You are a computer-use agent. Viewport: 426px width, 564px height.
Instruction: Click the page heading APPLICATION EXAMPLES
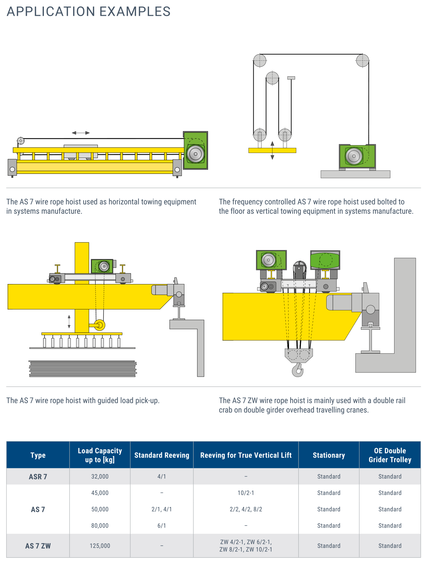(x=88, y=12)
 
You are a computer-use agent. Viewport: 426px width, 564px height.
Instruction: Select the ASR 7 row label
(x=38, y=477)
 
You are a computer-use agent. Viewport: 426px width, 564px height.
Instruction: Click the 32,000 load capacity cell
(x=100, y=477)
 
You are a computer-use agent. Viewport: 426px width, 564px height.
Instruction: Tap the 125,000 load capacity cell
(x=100, y=545)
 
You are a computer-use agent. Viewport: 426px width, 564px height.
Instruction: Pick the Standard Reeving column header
(x=161, y=455)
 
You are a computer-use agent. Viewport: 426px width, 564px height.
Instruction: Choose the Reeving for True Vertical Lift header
(x=246, y=455)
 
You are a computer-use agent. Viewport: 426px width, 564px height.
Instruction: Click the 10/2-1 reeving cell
(x=246, y=493)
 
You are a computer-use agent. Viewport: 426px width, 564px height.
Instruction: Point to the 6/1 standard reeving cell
(x=161, y=526)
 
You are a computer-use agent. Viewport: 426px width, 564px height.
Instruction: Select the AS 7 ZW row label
(x=38, y=546)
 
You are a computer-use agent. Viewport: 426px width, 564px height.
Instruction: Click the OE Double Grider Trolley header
(x=390, y=455)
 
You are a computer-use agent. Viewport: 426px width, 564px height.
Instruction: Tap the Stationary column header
(x=329, y=455)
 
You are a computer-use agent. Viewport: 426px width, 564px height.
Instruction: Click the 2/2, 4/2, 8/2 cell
(x=246, y=509)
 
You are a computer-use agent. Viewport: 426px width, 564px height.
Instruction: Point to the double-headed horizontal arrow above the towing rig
(x=81, y=133)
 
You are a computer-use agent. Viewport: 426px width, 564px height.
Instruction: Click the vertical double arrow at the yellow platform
(x=272, y=150)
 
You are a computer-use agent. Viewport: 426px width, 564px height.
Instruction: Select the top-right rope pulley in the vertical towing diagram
(x=362, y=61)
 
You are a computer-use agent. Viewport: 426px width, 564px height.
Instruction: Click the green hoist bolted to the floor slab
(x=357, y=156)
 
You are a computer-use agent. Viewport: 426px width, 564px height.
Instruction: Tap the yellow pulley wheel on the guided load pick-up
(x=99, y=325)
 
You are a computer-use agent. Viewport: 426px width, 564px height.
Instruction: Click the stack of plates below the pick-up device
(x=82, y=368)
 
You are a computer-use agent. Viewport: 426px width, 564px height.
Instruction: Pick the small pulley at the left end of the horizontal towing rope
(x=21, y=141)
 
